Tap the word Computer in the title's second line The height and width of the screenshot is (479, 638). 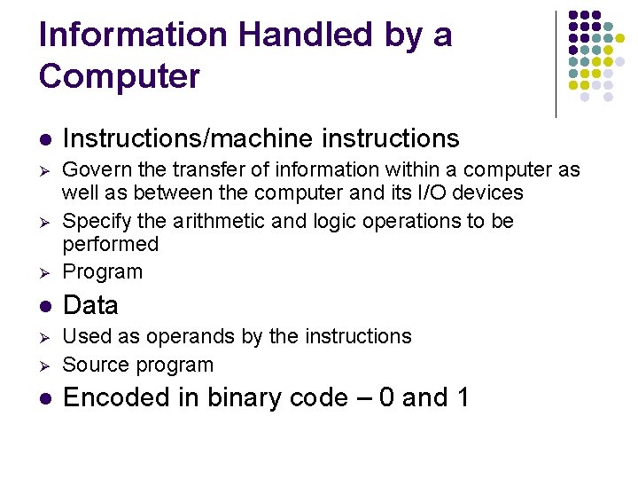coord(120,76)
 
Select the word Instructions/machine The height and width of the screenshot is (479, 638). coord(188,138)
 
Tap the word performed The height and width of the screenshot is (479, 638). coord(110,244)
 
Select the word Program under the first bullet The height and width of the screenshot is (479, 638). coord(102,272)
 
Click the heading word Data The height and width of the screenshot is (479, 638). coord(90,305)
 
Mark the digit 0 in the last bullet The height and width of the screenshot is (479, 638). coord(385,397)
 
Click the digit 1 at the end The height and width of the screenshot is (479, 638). coord(462,397)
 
